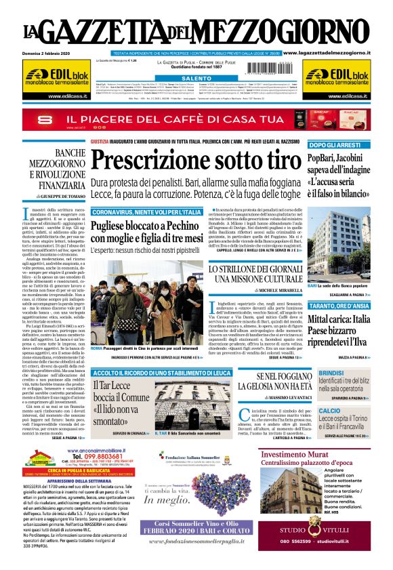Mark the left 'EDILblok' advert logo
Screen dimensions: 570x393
point(51,77)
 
